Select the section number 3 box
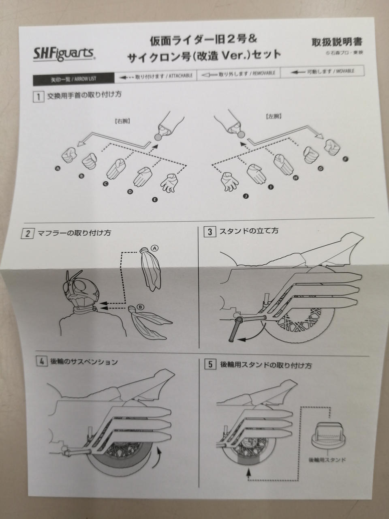210,232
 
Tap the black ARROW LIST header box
68,79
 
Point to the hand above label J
230,181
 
